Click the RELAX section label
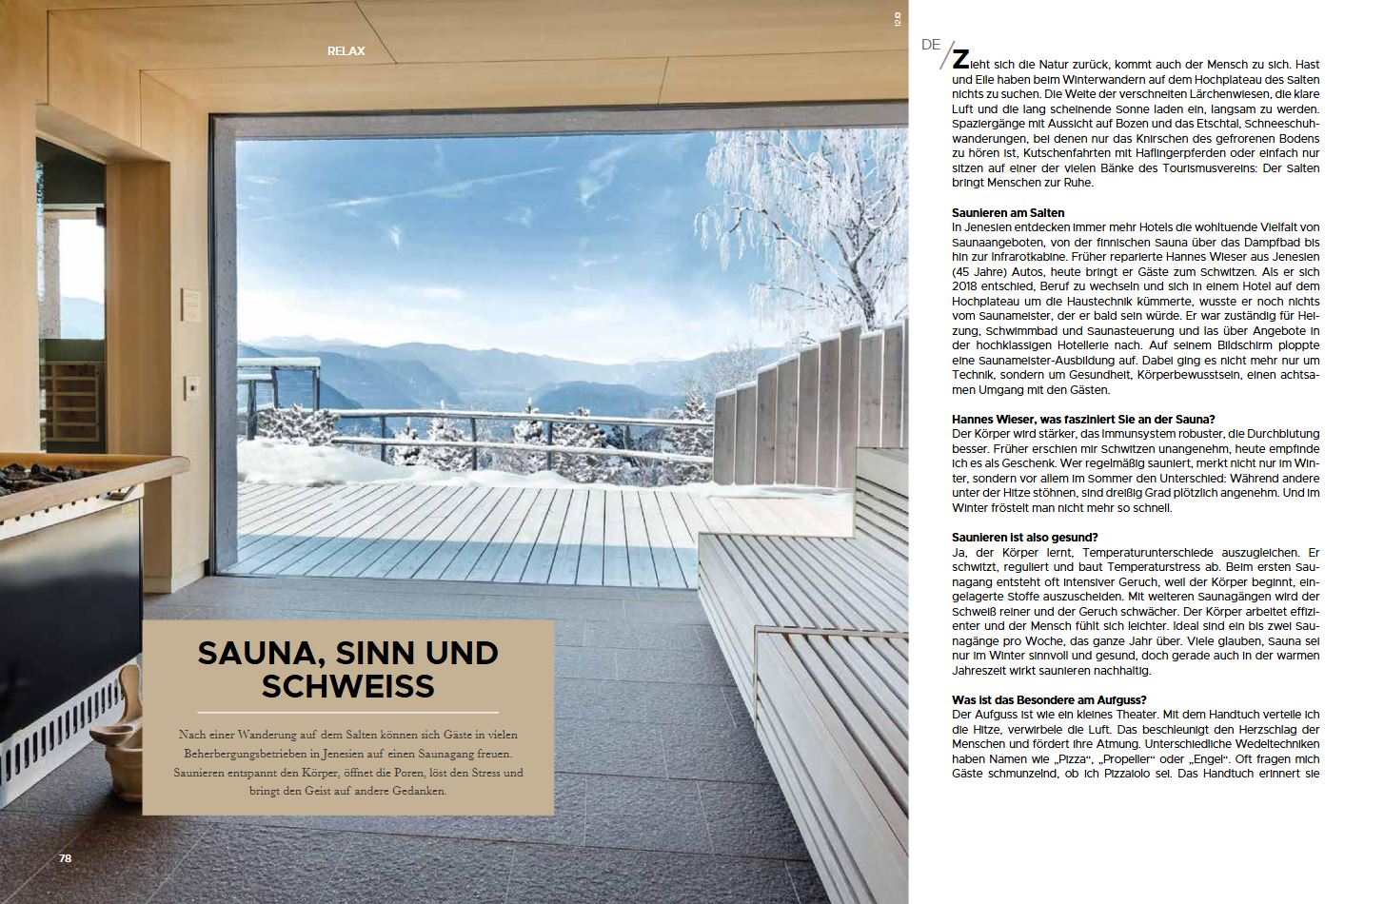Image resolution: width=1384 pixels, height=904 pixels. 346,50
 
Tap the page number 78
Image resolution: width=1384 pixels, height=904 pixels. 66,857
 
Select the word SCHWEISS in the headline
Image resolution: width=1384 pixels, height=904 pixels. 347,685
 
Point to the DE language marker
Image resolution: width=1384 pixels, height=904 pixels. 931,45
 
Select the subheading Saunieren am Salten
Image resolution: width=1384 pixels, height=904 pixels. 1008,212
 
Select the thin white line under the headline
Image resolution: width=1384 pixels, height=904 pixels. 347,712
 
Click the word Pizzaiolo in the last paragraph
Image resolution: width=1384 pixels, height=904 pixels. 1147,775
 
